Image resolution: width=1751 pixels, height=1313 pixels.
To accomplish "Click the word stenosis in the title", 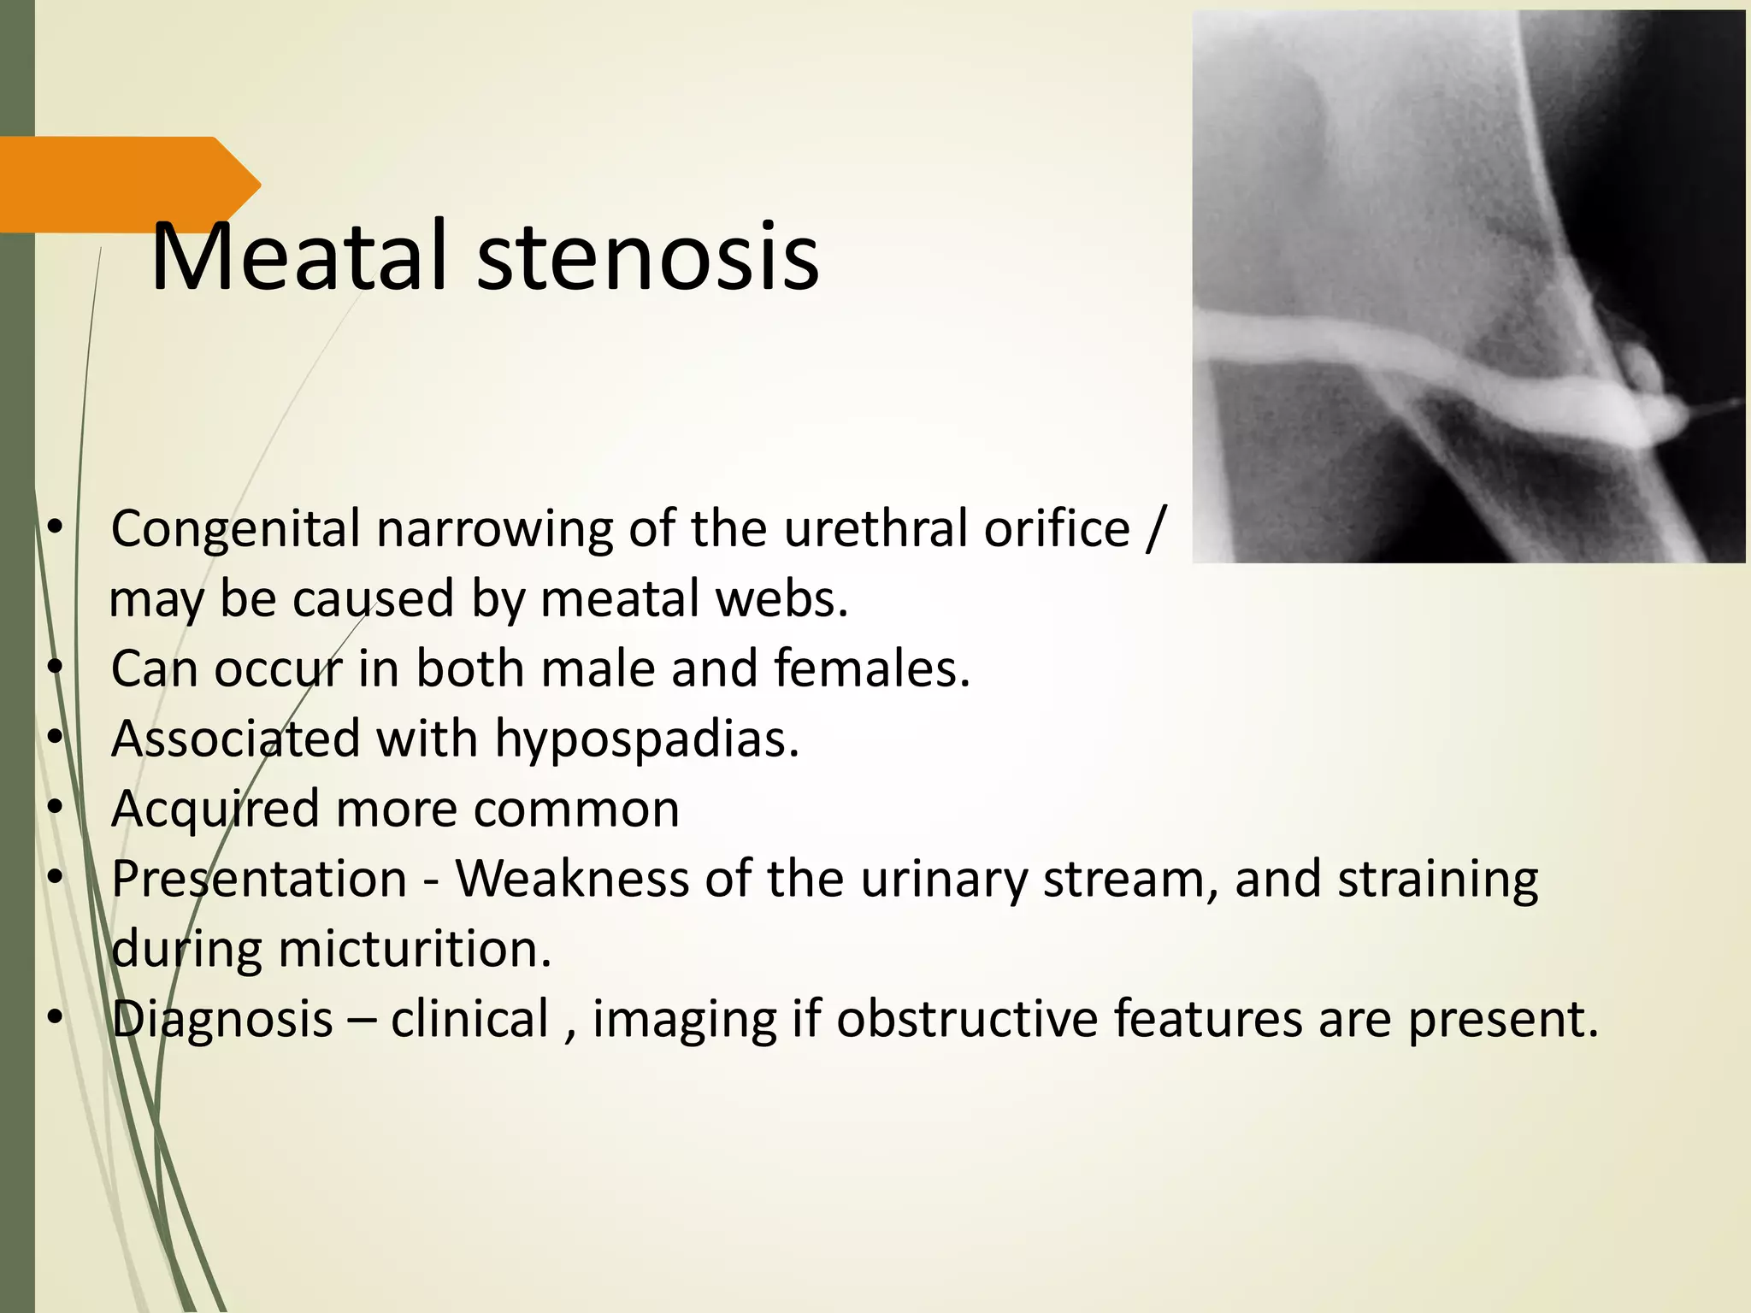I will click(647, 256).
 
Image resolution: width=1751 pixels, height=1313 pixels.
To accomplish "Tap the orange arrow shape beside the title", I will click(128, 184).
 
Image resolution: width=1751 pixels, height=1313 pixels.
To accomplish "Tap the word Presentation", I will click(259, 880).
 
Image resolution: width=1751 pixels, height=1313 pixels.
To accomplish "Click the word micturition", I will click(415, 950).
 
